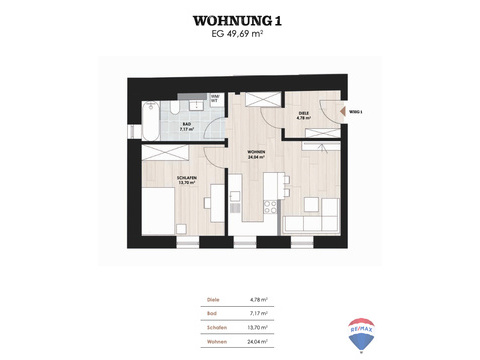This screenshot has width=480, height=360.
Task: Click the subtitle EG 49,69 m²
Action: (x=239, y=34)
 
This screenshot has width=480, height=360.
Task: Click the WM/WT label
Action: (x=214, y=99)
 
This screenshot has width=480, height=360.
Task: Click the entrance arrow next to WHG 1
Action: (x=341, y=114)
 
